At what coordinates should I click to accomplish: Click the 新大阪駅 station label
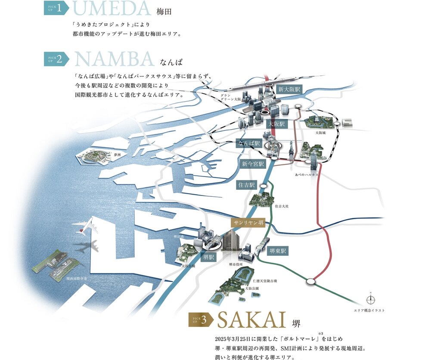pos(289,90)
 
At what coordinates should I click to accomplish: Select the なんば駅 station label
pos(249,143)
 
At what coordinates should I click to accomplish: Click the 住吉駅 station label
pos(246,185)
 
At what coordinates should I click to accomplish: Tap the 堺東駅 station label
pos(278,250)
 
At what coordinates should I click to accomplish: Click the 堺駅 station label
pos(209,257)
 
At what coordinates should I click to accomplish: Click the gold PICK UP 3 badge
pos(201,320)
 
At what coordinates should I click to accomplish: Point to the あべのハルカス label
pos(307,175)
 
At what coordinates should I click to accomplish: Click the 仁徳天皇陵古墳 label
pos(265,280)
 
